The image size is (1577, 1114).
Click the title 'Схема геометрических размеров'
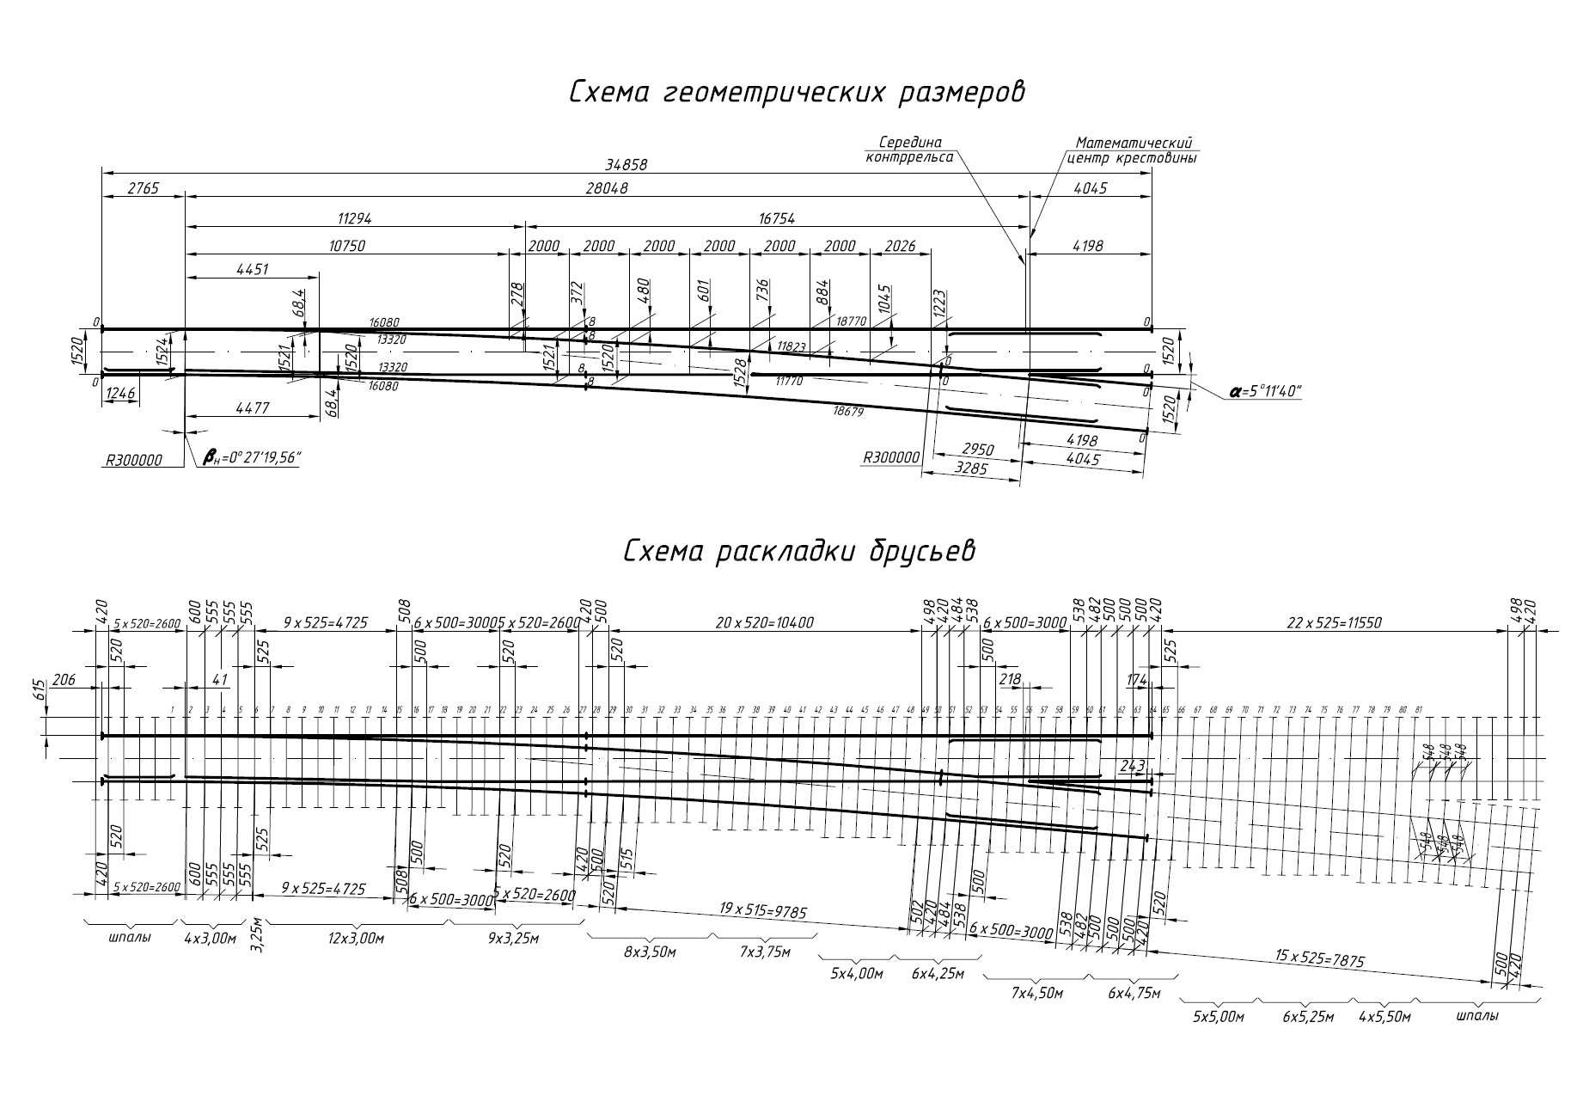pyautogui.click(x=797, y=92)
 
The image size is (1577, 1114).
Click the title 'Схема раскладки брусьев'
pyautogui.click(x=799, y=550)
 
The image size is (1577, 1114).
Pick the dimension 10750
pyautogui.click(x=346, y=246)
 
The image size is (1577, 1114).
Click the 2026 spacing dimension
pyautogui.click(x=899, y=246)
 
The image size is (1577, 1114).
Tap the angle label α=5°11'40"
pyautogui.click(x=1265, y=392)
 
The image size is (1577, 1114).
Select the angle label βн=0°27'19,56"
pyautogui.click(x=250, y=457)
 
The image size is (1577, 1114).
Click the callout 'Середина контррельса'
pyautogui.click(x=908, y=150)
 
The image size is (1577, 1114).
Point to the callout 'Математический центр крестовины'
pyautogui.click(x=1132, y=150)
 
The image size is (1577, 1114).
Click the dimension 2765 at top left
pyautogui.click(x=143, y=189)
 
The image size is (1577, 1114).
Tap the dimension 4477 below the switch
pyautogui.click(x=252, y=409)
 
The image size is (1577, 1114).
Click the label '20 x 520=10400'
pyautogui.click(x=764, y=622)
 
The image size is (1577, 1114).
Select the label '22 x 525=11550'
pyautogui.click(x=1334, y=622)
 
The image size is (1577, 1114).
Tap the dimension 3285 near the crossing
pyautogui.click(x=971, y=469)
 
